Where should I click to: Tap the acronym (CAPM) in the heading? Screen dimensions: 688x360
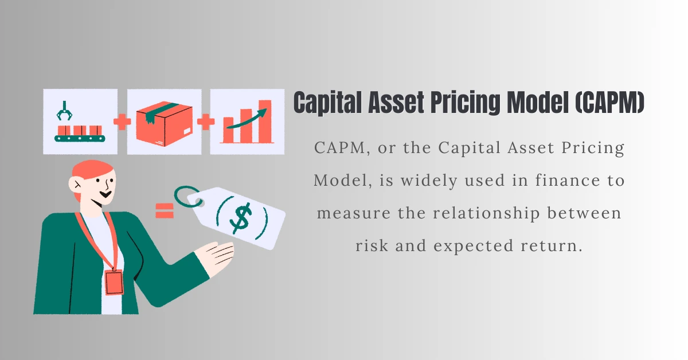point(609,102)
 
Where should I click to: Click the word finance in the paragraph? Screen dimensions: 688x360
point(567,180)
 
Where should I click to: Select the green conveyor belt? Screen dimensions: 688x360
point(80,138)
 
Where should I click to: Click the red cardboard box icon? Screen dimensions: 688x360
point(165,123)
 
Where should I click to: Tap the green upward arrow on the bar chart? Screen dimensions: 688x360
point(247,119)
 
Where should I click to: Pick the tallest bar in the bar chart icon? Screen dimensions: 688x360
point(265,122)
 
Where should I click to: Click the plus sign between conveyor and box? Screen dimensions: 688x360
point(122,122)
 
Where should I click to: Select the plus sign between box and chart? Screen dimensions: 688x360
point(206,122)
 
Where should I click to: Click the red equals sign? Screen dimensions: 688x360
point(165,211)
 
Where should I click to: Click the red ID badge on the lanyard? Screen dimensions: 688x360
point(114,283)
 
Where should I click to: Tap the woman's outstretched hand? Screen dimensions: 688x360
point(215,255)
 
